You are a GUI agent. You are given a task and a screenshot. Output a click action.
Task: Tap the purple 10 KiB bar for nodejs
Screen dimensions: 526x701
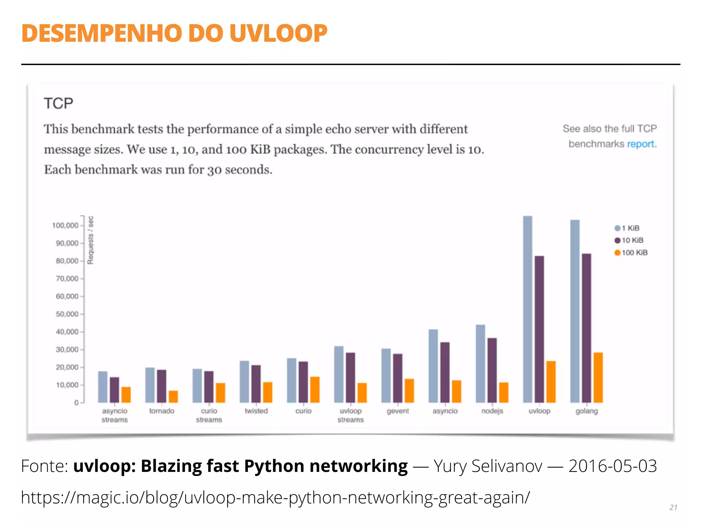pyautogui.click(x=492, y=370)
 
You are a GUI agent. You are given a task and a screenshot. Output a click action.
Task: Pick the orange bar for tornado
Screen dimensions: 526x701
pyautogui.click(x=173, y=397)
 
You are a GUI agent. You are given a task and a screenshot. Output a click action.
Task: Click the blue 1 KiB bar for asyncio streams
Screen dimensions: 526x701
pyautogui.click(x=103, y=387)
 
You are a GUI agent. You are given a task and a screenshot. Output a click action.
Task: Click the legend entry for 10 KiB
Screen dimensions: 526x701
pyautogui.click(x=629, y=240)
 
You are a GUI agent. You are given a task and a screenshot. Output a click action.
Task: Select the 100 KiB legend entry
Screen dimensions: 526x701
pyautogui.click(x=631, y=253)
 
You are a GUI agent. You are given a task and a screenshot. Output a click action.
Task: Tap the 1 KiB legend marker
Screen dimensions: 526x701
pyautogui.click(x=617, y=228)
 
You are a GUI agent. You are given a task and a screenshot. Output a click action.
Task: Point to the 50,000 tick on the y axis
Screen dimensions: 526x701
pyautogui.click(x=67, y=314)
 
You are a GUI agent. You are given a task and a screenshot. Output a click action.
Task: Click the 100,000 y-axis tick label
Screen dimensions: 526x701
pyautogui.click(x=65, y=225)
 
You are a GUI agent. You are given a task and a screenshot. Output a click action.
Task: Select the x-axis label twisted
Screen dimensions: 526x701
pyautogui.click(x=256, y=411)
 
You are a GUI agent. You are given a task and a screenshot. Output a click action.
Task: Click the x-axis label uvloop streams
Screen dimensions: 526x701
pyautogui.click(x=350, y=415)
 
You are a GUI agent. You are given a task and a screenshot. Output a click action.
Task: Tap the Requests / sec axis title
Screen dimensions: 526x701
pyautogui.click(x=90, y=240)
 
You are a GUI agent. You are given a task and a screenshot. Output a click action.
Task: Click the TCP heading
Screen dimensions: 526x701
pyautogui.click(x=59, y=103)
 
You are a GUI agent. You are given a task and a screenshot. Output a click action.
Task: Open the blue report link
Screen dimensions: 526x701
pyautogui.click(x=640, y=144)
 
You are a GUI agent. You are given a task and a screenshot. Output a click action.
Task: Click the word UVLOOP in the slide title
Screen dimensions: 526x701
pyautogui.click(x=278, y=33)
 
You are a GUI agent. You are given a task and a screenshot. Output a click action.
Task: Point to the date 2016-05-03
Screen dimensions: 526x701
pyautogui.click(x=612, y=466)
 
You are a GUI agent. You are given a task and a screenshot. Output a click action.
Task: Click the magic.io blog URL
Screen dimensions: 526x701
pyautogui.click(x=275, y=497)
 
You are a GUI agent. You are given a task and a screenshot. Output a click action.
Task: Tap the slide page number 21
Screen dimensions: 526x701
pyautogui.click(x=673, y=508)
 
